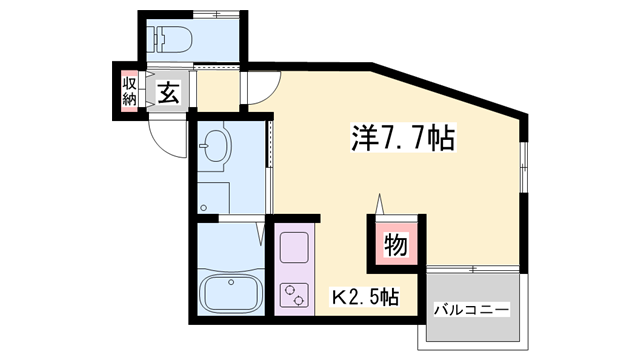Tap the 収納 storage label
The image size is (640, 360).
coord(130,91)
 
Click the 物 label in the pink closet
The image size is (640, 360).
coord(396,245)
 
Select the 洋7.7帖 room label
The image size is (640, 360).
coord(401,137)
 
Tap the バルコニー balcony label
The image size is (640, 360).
coord(470,309)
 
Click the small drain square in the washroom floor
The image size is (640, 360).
coord(204,208)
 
